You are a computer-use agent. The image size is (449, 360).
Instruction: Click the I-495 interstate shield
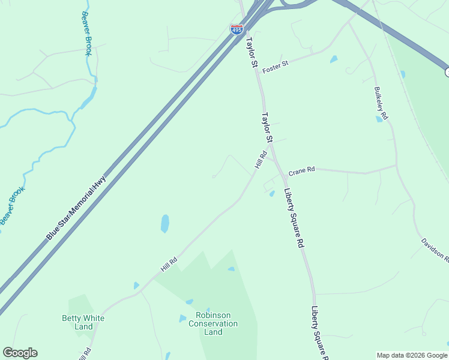[x=237, y=29]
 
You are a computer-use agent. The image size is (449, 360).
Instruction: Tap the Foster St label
[x=276, y=63]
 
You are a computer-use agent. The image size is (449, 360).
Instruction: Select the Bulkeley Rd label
[x=381, y=104]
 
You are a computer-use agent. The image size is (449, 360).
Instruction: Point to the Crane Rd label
[x=301, y=171]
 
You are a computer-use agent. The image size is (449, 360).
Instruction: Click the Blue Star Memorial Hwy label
[x=76, y=208]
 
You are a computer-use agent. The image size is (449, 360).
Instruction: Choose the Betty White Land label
[x=83, y=322]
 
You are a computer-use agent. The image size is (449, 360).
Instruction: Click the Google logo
[x=20, y=353]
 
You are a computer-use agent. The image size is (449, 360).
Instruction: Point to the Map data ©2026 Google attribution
[x=411, y=355]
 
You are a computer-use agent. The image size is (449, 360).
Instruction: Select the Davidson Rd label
[x=435, y=250]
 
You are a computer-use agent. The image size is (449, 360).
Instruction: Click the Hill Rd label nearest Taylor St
[x=261, y=159]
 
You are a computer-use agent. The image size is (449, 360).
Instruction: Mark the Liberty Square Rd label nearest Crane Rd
[x=294, y=218]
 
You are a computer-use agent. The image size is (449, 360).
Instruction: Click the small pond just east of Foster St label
[x=333, y=59]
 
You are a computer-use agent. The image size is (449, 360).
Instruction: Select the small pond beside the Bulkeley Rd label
[x=379, y=119]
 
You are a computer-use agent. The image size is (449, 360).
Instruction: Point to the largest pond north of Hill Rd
[x=164, y=224]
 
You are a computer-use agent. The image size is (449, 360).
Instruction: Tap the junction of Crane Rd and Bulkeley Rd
[x=396, y=166]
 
